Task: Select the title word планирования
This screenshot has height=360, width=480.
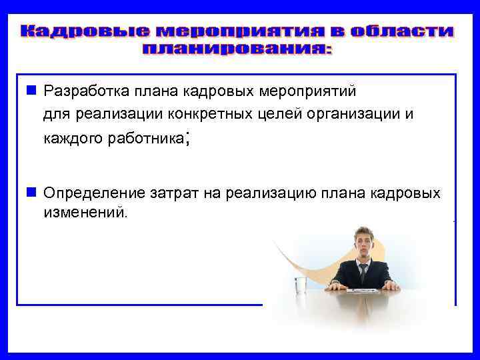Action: pyautogui.click(x=238, y=49)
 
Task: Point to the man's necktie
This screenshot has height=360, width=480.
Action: pyautogui.click(x=363, y=272)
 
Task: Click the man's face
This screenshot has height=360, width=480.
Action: pyautogui.click(x=363, y=242)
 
